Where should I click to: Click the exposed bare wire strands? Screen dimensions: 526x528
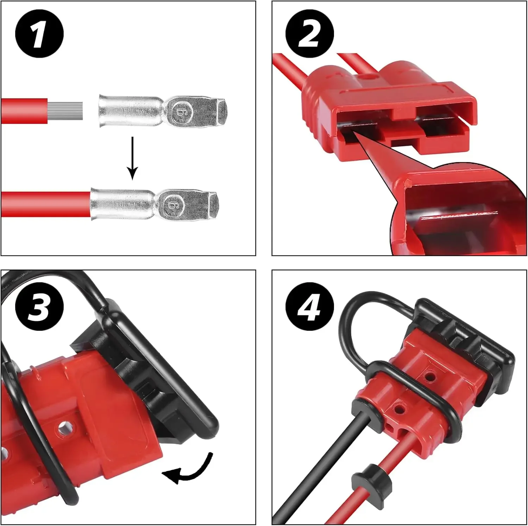pos(65,111)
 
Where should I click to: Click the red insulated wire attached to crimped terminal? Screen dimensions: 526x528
pos(46,204)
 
